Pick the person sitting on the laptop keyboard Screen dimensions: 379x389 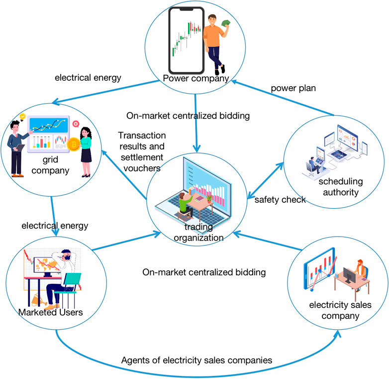[184, 205]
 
